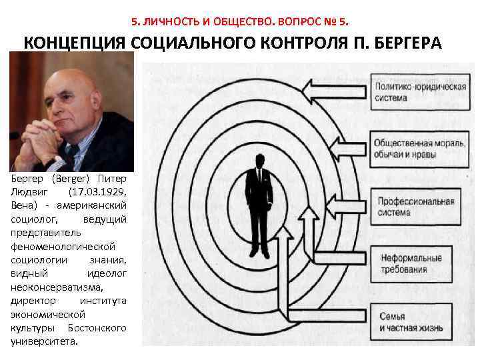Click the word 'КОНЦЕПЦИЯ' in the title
click(x=75, y=43)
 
